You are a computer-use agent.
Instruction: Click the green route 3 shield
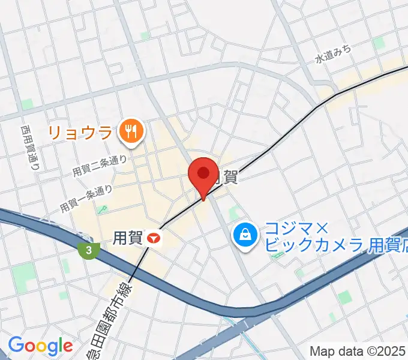pos(88,249)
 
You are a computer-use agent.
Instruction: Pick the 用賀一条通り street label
pos(86,199)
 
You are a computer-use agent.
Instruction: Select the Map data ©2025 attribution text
pos(358,351)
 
